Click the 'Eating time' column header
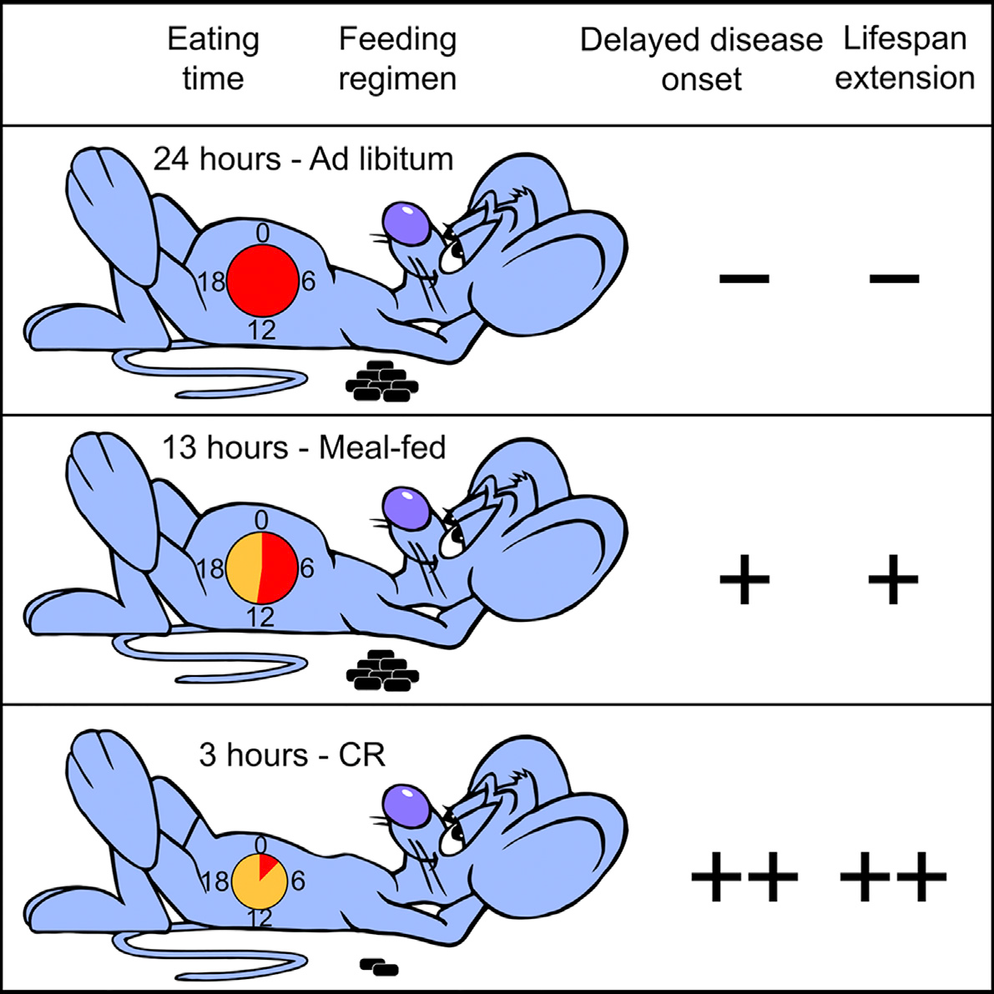tap(213, 59)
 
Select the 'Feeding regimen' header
tap(397, 59)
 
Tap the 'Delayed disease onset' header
tap(701, 59)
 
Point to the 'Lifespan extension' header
tap(905, 59)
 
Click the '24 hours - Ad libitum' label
tap(304, 159)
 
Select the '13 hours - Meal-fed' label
tap(305, 447)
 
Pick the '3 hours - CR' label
tap(292, 755)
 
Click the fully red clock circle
tap(262, 280)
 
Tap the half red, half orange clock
tap(262, 568)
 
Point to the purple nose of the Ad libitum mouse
tap(406, 223)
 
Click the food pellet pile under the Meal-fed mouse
tap(382, 670)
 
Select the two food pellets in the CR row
tap(379, 966)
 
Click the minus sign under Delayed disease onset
tap(744, 278)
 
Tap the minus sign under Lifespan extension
tap(894, 278)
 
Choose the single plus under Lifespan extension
tap(893, 578)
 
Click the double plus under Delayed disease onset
tap(744, 876)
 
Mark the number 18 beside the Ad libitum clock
tap(211, 280)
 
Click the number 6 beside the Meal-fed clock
tap(307, 568)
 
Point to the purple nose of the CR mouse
tap(406, 805)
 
